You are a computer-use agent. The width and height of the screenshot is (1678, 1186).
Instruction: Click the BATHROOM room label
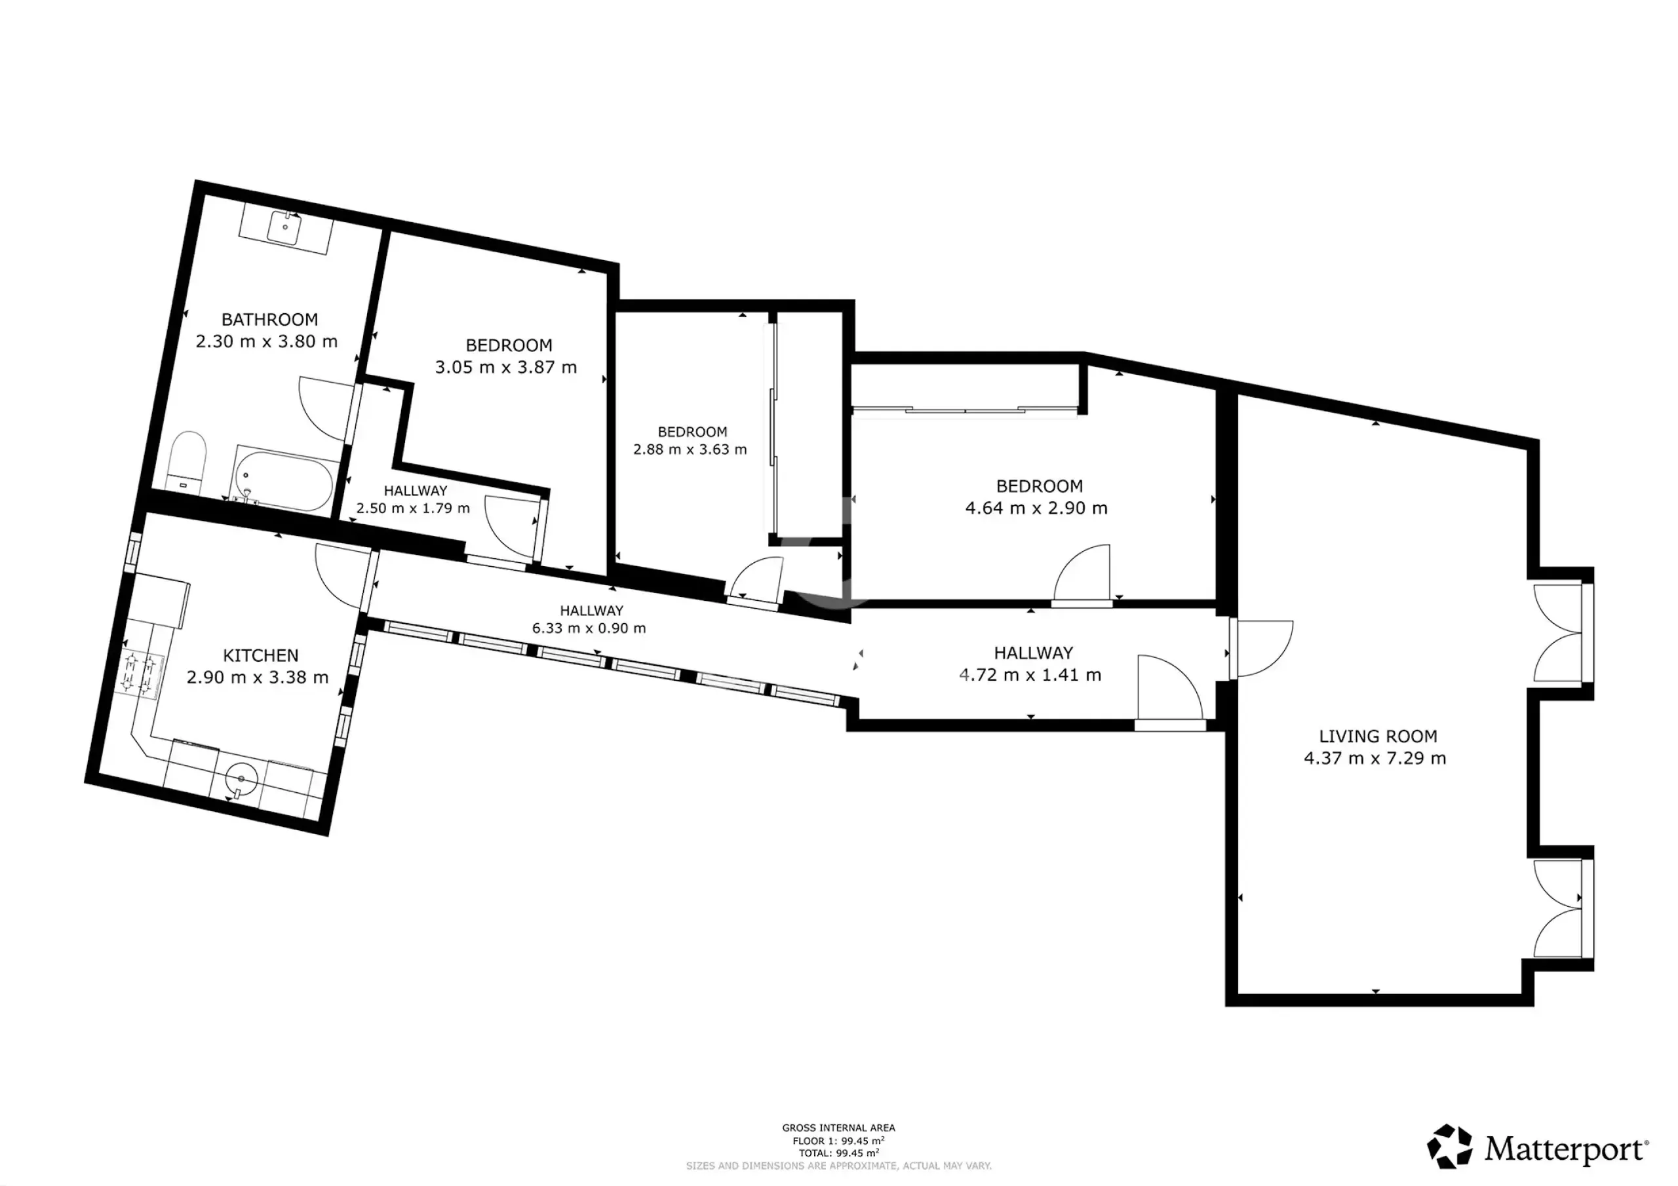(x=269, y=319)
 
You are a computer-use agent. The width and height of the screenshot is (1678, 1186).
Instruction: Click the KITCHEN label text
(x=260, y=655)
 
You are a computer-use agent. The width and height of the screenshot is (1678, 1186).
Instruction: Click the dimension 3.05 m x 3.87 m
(x=507, y=367)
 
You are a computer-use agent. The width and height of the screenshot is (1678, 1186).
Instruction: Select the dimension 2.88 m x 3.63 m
(x=690, y=450)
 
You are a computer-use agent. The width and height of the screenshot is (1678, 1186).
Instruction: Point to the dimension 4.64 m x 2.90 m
(x=1036, y=508)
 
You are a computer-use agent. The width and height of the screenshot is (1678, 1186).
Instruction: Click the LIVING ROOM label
(x=1378, y=736)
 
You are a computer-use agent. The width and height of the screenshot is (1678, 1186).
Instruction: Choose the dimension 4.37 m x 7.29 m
(x=1375, y=757)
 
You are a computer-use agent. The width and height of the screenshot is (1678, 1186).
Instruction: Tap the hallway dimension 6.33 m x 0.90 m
(x=589, y=628)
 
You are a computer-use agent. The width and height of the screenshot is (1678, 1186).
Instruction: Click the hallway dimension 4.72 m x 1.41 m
(x=1030, y=674)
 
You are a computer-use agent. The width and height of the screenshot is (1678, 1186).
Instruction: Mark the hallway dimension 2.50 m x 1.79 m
(x=413, y=508)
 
